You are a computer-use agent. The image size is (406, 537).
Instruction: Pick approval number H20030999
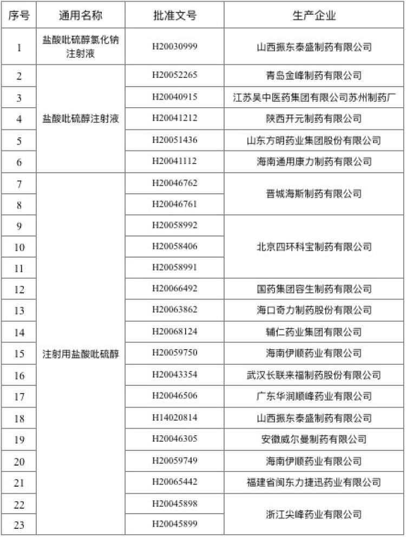pyautogui.click(x=174, y=47)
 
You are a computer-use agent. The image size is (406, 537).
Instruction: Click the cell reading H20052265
pyautogui.click(x=174, y=75)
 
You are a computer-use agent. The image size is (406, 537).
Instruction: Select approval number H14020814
pyautogui.click(x=174, y=418)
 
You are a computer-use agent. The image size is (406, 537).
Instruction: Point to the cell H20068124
pyautogui.click(x=174, y=331)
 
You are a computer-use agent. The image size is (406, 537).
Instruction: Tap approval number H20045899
pyautogui.click(x=174, y=524)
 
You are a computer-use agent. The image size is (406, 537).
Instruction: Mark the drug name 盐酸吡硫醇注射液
pyautogui.click(x=81, y=119)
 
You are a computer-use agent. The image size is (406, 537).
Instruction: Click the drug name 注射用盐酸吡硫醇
pyautogui.click(x=81, y=354)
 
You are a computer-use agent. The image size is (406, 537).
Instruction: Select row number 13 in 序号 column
pyautogui.click(x=19, y=311)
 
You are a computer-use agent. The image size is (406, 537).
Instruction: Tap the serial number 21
pyautogui.click(x=19, y=482)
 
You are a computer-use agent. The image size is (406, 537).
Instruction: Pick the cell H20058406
pyautogui.click(x=174, y=247)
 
